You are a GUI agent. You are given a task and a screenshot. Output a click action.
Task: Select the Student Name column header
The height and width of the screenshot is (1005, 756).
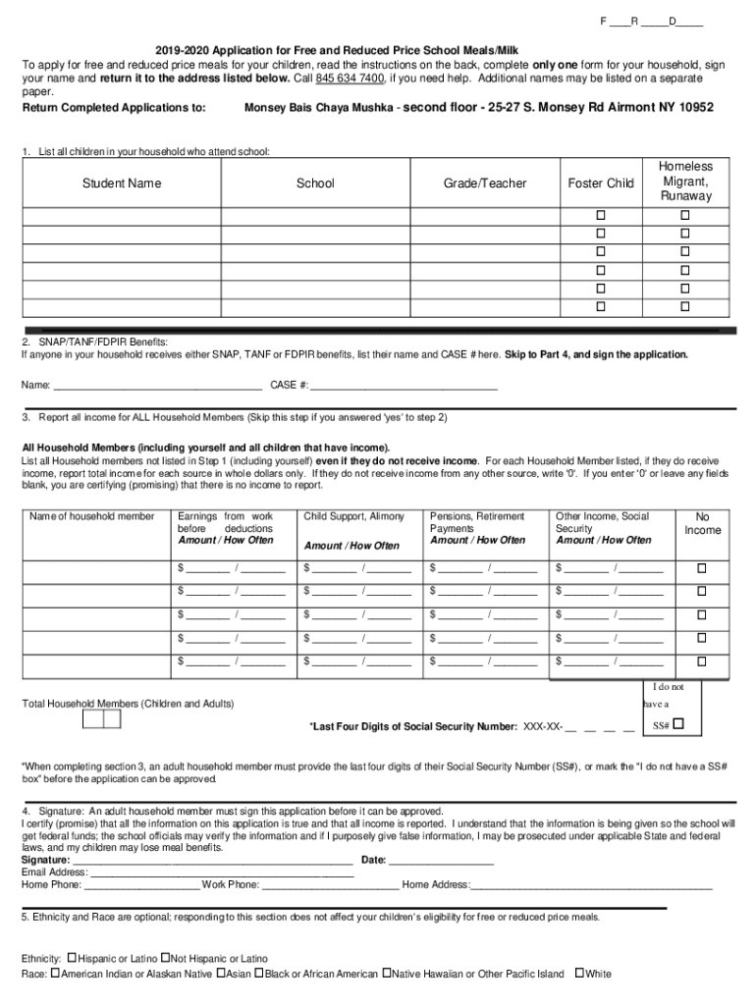[x=122, y=184]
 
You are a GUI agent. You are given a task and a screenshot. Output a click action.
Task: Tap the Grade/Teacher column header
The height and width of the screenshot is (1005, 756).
[x=485, y=184]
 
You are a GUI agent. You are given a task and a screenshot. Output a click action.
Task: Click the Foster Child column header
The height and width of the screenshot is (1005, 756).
[x=601, y=184]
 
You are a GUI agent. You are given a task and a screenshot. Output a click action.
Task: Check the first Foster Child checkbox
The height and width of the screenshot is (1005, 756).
[x=601, y=215]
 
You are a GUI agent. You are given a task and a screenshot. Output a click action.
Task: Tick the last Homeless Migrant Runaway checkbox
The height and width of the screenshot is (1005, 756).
[x=686, y=308]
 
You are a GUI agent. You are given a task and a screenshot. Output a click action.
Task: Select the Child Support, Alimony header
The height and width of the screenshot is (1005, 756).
[x=353, y=516]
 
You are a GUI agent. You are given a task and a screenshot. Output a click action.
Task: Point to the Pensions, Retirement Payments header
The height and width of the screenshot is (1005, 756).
[x=477, y=522]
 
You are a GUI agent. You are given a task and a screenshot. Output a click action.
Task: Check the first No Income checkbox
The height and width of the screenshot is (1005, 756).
[x=702, y=568]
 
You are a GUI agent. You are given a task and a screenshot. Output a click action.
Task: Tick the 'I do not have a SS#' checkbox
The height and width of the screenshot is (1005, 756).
[x=678, y=725]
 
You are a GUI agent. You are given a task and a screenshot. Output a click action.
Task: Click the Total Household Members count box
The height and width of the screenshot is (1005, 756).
[x=101, y=719]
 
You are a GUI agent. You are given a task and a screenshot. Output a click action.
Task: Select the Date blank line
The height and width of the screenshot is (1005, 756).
[x=441, y=860]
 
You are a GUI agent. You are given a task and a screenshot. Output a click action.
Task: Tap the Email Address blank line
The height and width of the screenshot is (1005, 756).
[x=222, y=872]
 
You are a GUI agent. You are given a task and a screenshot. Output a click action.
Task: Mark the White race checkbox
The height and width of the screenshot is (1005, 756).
[x=578, y=974]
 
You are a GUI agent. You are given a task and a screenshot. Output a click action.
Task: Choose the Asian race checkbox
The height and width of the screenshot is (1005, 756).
[x=220, y=974]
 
